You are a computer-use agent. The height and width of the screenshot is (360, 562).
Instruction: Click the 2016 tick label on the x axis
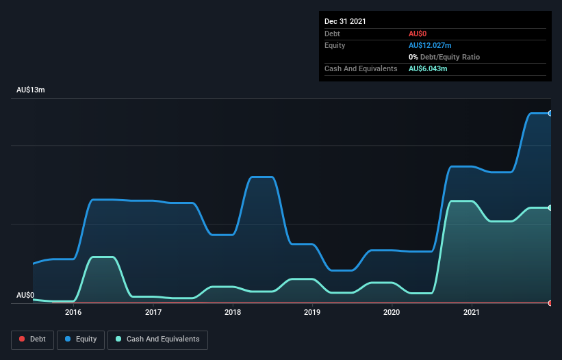coord(73,312)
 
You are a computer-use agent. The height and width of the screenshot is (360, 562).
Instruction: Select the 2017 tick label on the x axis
coord(153,312)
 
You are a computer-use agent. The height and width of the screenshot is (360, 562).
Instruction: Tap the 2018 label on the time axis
coord(233,312)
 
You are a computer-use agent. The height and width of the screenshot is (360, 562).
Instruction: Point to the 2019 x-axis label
coord(312,312)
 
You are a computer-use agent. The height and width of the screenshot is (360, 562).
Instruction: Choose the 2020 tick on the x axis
coord(392,312)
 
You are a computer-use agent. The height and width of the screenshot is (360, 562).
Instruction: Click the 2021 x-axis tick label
coord(472,312)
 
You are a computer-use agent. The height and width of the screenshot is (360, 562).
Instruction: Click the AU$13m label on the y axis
coord(30,90)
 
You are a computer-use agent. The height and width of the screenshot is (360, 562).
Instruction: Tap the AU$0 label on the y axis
coord(25,295)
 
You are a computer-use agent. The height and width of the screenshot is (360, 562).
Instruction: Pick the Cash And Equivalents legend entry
coord(157,339)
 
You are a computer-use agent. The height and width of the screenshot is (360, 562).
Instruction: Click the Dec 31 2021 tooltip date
coord(345,21)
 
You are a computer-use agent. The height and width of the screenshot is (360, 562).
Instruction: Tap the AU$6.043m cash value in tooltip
coord(428,69)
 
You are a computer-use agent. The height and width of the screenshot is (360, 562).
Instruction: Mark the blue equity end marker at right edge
coord(550,114)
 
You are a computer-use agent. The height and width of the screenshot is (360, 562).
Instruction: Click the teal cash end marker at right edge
coord(550,207)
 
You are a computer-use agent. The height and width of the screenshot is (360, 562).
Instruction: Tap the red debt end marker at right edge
coord(550,303)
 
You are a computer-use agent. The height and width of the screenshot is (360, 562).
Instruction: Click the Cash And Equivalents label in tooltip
coord(361,69)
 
